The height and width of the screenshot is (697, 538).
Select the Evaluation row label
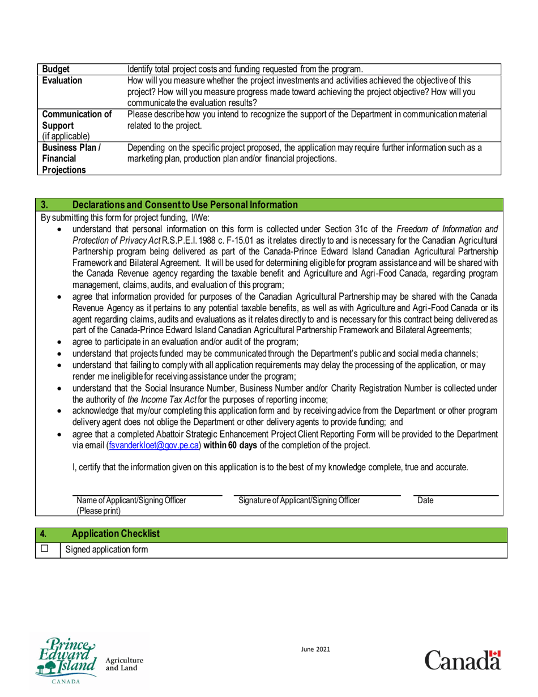pos(62,80)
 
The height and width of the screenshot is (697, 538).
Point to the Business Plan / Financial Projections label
pos(68,159)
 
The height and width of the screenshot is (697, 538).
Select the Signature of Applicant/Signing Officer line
pos(317,494)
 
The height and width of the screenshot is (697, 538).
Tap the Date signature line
pos(456,494)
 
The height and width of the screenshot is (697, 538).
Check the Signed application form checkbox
pos(45,549)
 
